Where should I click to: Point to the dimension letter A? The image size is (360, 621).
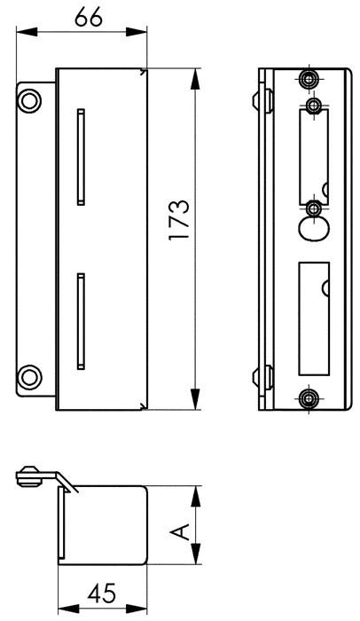tap(180, 531)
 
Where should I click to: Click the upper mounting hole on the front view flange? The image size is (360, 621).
tap(30, 99)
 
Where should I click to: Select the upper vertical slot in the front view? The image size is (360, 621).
tap(82, 156)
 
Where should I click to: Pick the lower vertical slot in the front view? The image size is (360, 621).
tap(82, 320)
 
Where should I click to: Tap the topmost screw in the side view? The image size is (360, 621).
tap(308, 80)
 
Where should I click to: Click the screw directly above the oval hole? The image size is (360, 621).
tap(313, 208)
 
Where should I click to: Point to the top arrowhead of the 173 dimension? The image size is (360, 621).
tap(193, 75)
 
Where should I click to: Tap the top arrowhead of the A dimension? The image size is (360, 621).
tap(194, 491)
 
